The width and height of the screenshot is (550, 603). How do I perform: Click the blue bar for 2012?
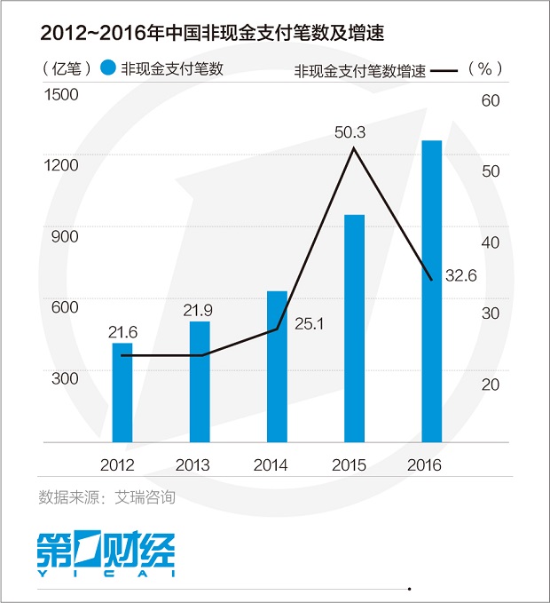(x=122, y=392)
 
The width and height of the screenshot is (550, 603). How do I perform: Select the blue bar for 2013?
(x=200, y=381)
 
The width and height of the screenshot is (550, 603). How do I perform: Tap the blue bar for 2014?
(x=277, y=366)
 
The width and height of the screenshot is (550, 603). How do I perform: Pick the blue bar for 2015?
(x=355, y=328)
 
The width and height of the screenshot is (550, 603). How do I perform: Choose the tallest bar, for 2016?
(x=431, y=290)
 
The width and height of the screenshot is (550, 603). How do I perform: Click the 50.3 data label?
(x=350, y=132)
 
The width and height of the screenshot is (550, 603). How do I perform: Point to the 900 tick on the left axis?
(x=65, y=236)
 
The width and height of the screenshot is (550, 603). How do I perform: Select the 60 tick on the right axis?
(x=491, y=100)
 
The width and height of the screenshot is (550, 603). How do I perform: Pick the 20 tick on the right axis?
(x=491, y=385)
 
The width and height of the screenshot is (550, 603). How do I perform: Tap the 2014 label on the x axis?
(x=270, y=464)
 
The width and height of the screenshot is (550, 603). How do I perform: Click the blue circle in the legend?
(x=108, y=68)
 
